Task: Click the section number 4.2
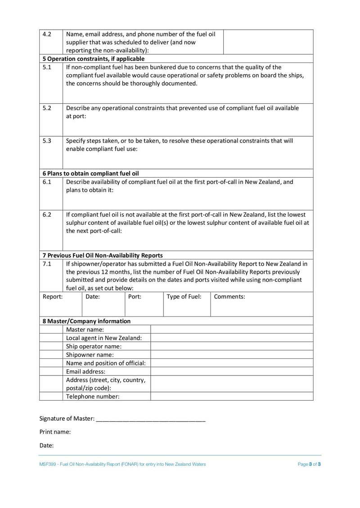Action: pos(47,34)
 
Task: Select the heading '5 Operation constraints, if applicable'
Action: pos(94,58)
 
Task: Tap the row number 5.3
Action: pos(47,141)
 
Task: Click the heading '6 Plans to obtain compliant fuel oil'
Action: pos(91,173)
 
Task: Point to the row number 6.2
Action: pos(47,214)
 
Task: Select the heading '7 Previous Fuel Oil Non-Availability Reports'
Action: pos(103,255)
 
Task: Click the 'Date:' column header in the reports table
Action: pos(93,297)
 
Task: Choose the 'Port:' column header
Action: pos(135,297)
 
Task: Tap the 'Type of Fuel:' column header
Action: pos(184,297)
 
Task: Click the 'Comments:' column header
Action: pos(229,297)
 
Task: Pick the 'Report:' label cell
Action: pos(52,297)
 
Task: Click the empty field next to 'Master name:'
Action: pos(232,330)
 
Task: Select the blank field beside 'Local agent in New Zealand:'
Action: pos(232,338)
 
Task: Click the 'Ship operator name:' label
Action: pos(94,346)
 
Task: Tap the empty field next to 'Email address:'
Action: pos(232,371)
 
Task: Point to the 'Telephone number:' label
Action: pos(93,397)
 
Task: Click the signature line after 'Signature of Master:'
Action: pos(151,419)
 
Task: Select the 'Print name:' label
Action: pos(55,432)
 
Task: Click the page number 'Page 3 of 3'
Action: pos(309,464)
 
